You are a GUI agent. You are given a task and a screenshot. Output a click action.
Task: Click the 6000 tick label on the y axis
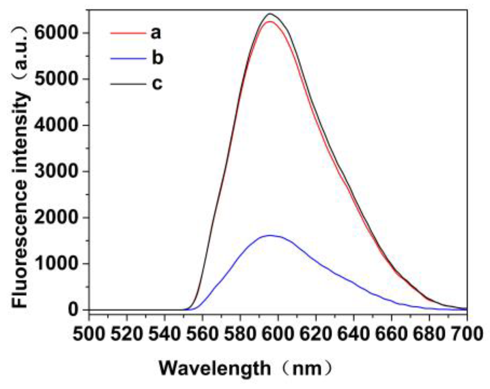56,33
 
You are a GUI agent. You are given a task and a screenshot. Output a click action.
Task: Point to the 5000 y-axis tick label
56,79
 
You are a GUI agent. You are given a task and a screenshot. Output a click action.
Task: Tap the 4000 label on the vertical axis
56,125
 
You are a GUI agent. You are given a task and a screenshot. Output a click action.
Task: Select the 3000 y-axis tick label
56,171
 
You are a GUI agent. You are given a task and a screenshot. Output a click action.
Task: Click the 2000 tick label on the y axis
56,217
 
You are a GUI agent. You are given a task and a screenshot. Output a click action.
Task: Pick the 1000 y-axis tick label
56,264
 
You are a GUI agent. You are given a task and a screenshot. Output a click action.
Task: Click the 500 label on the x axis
88,334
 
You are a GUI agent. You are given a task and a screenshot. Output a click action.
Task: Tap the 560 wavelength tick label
202,334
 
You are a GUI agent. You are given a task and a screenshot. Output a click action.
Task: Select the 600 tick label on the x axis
278,334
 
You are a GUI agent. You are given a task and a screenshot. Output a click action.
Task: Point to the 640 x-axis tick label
354,334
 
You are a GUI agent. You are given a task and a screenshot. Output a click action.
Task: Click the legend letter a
156,33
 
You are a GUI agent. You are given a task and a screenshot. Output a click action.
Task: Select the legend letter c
157,83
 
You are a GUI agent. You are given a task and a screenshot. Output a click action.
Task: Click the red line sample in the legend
128,33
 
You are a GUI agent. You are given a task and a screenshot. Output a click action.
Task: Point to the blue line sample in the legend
128,58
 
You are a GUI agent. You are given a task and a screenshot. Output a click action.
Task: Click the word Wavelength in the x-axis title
215,369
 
